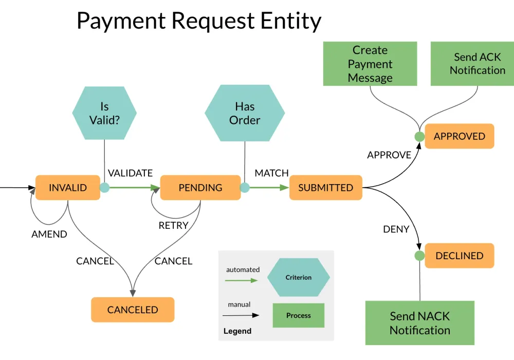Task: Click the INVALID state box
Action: click(67, 188)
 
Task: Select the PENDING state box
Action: click(200, 188)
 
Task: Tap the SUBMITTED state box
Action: click(326, 188)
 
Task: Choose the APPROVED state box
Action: click(459, 136)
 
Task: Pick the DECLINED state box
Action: click(459, 256)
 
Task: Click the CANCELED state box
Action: click(133, 310)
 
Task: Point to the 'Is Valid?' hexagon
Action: click(104, 113)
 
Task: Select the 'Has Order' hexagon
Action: click(245, 113)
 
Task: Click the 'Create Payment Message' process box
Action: click(370, 64)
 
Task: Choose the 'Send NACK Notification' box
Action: click(419, 323)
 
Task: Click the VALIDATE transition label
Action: click(130, 173)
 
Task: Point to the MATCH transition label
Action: click(271, 173)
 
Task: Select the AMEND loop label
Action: click(49, 234)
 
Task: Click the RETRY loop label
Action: click(173, 225)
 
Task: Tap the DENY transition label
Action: click(396, 229)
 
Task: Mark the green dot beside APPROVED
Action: click(419, 137)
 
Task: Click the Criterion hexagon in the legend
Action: click(299, 278)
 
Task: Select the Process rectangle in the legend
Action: click(299, 315)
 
